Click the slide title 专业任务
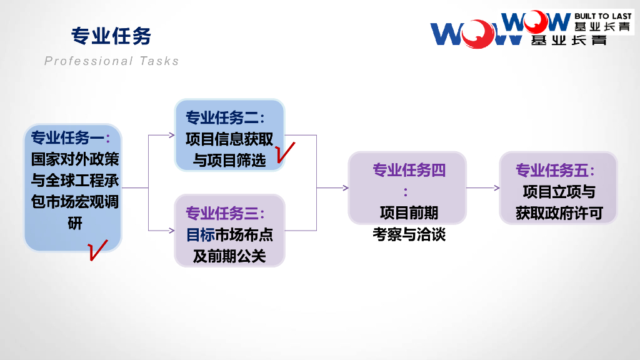111,36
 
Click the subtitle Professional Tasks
112,61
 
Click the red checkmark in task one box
97,249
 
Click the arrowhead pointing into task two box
172,135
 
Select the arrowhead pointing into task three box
172,231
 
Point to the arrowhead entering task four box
345,187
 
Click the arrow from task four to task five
483,187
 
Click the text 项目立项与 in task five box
559,191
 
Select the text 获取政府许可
559,213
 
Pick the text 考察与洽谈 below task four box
409,235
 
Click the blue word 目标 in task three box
200,235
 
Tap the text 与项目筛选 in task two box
229,161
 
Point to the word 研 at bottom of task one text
74,223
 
